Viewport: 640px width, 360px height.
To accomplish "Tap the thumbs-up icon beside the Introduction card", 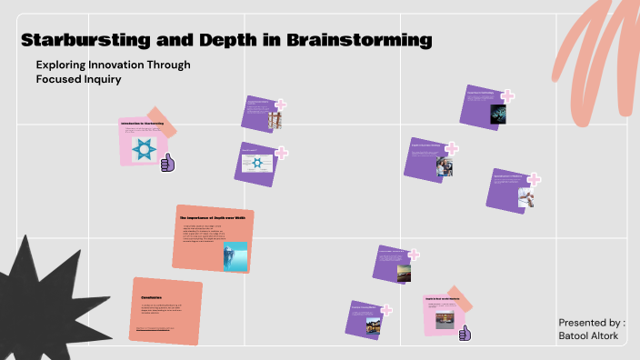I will [x=167, y=163].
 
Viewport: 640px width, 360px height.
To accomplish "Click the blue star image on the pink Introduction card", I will [x=143, y=149].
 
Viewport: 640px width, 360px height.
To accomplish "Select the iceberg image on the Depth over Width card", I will [x=235, y=255].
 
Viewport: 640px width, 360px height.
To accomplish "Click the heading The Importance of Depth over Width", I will [x=214, y=218].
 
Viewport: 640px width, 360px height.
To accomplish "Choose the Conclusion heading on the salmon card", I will [x=151, y=297].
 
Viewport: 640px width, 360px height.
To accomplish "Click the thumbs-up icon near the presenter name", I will [x=465, y=334].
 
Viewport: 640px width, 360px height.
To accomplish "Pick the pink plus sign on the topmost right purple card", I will [x=507, y=96].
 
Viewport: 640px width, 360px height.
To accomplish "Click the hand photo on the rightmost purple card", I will [x=526, y=197].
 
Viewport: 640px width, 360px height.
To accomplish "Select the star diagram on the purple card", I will [x=257, y=165].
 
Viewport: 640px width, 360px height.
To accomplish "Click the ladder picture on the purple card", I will [x=275, y=119].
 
